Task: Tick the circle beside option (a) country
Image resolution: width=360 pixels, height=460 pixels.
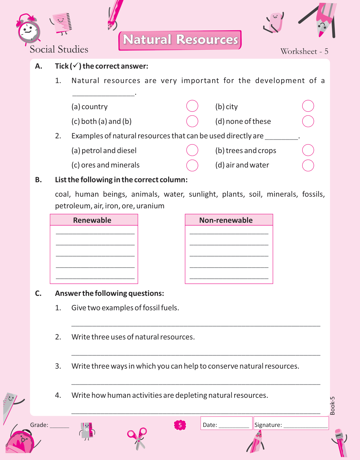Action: tap(192, 106)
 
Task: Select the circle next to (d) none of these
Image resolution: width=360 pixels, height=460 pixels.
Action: tap(308, 121)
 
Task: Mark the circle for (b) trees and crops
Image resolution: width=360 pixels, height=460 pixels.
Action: tap(308, 150)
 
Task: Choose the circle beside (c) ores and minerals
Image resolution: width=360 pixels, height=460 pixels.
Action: tap(192, 165)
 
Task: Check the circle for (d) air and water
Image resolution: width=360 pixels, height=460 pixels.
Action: tap(308, 165)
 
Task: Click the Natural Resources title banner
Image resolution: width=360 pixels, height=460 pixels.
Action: tap(180, 40)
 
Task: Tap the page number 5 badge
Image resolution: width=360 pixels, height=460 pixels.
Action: tap(180, 425)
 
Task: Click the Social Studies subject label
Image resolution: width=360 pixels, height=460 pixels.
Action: tap(59, 49)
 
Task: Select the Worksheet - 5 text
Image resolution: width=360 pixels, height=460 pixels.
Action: tap(304, 51)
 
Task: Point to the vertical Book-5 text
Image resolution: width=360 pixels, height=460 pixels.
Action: tap(332, 406)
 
